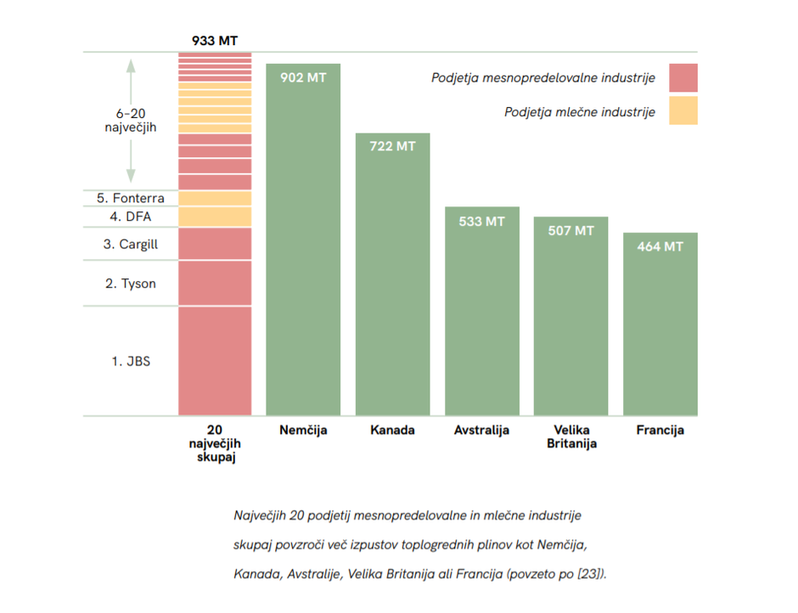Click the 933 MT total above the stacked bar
(x=215, y=39)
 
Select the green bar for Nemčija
(x=303, y=246)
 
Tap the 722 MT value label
(x=392, y=146)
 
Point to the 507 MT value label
(x=570, y=230)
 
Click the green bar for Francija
(x=660, y=331)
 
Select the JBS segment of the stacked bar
(x=215, y=361)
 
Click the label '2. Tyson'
(x=131, y=284)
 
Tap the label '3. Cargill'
(x=131, y=245)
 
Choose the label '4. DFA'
(x=131, y=217)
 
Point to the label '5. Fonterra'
(x=131, y=198)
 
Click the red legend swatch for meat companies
(x=683, y=77)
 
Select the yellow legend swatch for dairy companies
(x=683, y=111)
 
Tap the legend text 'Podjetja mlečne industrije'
(x=579, y=112)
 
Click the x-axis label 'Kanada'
(x=392, y=430)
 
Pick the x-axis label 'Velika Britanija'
(x=570, y=436)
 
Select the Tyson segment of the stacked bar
(x=215, y=284)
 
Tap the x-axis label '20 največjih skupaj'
(x=215, y=444)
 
